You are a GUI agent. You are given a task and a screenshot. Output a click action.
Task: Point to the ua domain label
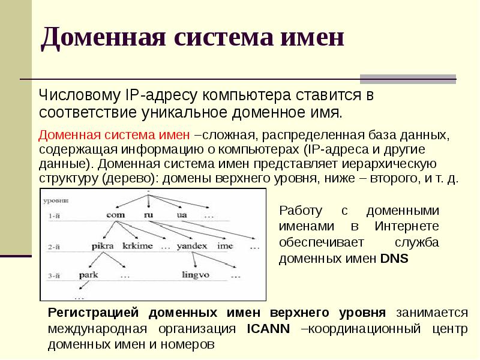pos(182,215)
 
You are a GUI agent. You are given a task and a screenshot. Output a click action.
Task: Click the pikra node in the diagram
pos(103,246)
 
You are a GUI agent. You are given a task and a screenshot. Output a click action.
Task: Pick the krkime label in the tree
pos(137,246)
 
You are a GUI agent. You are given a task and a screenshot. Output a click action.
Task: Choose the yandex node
pos(192,246)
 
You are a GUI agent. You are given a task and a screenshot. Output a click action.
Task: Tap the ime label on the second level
pos(226,246)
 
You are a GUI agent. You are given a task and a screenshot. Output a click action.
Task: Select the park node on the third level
pos(89,276)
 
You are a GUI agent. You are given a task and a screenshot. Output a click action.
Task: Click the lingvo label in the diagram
pos(196,276)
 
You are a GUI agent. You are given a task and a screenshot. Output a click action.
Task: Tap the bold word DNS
pos(394,259)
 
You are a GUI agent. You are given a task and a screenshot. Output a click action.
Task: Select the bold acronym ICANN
pos(268,329)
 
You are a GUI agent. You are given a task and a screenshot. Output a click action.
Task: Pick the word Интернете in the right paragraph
pos(407,227)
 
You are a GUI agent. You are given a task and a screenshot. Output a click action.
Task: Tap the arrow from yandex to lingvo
pos(196,260)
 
